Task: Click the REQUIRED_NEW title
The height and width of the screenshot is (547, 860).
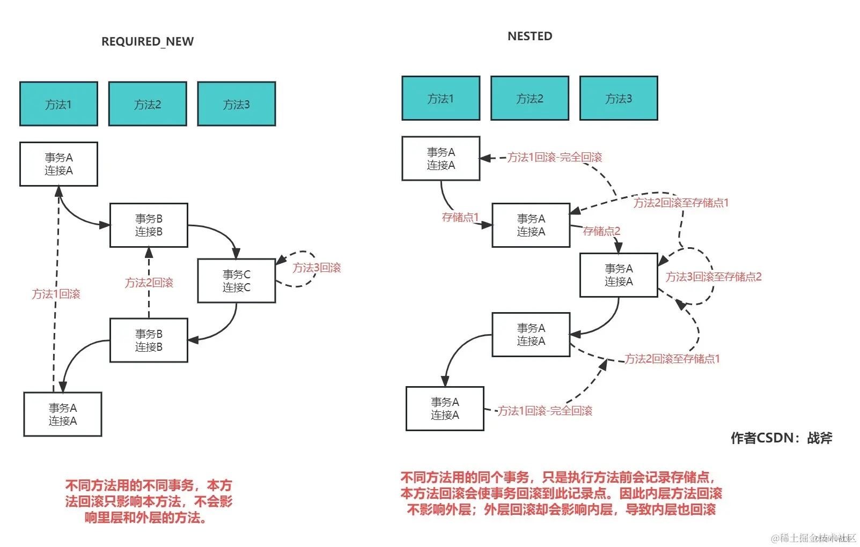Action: point(148,41)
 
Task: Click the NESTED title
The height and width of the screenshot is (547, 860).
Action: point(530,36)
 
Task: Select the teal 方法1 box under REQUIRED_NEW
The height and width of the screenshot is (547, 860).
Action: point(58,104)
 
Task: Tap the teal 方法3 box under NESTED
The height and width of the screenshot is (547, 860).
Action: point(618,98)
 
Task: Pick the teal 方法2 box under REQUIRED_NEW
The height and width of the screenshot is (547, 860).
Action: point(148,104)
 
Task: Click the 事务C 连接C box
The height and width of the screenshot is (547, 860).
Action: point(236,281)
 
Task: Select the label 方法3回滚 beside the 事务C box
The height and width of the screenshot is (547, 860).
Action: point(317,268)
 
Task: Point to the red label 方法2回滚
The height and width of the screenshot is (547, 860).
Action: point(149,283)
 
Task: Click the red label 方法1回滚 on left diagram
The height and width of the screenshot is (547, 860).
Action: point(56,294)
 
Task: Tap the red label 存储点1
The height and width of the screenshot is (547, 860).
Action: point(460,217)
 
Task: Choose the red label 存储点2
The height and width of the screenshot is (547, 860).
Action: point(601,231)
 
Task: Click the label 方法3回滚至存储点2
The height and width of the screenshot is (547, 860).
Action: point(714,277)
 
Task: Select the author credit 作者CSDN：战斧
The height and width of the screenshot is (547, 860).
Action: point(781,438)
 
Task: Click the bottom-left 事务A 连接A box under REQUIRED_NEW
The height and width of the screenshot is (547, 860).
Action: point(63,414)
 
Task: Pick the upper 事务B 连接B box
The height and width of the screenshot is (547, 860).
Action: point(149,225)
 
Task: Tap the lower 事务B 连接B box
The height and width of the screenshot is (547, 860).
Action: point(149,340)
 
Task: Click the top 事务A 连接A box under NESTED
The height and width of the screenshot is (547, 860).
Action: point(440,158)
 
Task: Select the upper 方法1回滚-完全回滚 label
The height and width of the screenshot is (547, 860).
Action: point(555,157)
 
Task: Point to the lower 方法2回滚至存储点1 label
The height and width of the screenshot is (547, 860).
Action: point(672,359)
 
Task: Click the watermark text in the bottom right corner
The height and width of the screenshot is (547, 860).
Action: point(813,538)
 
